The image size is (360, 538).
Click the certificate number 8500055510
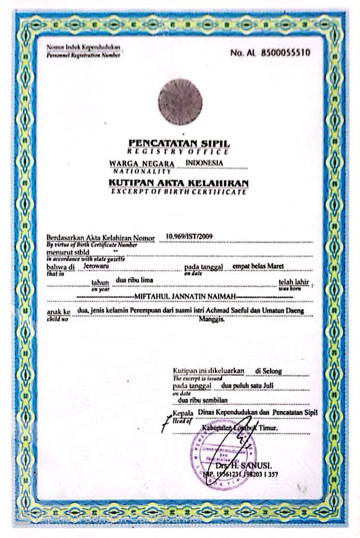pyautogui.click(x=285, y=53)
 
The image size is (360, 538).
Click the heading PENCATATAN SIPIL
pyautogui.click(x=180, y=143)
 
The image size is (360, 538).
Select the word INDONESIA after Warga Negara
pyautogui.click(x=205, y=163)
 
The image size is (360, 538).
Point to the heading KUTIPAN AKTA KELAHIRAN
pyautogui.click(x=180, y=183)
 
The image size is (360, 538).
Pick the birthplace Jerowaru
pyautogui.click(x=97, y=266)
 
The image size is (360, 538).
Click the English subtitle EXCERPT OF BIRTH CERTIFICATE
pyautogui.click(x=180, y=192)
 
